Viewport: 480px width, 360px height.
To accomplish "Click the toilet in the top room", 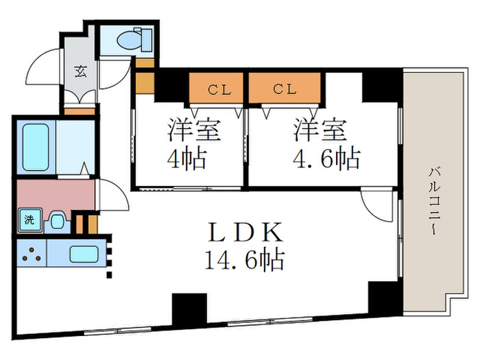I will pyautogui.click(x=130, y=41).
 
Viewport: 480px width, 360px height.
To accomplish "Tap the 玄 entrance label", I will pyautogui.click(x=80, y=69).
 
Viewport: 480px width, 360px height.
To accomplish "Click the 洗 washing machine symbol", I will pyautogui.click(x=29, y=220).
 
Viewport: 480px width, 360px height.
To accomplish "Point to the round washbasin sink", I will pyautogui.click(x=57, y=221).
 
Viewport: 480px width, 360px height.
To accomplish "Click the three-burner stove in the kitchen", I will pyautogui.click(x=30, y=253).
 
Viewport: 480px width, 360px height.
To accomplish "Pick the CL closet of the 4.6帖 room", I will pyautogui.click(x=284, y=88).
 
